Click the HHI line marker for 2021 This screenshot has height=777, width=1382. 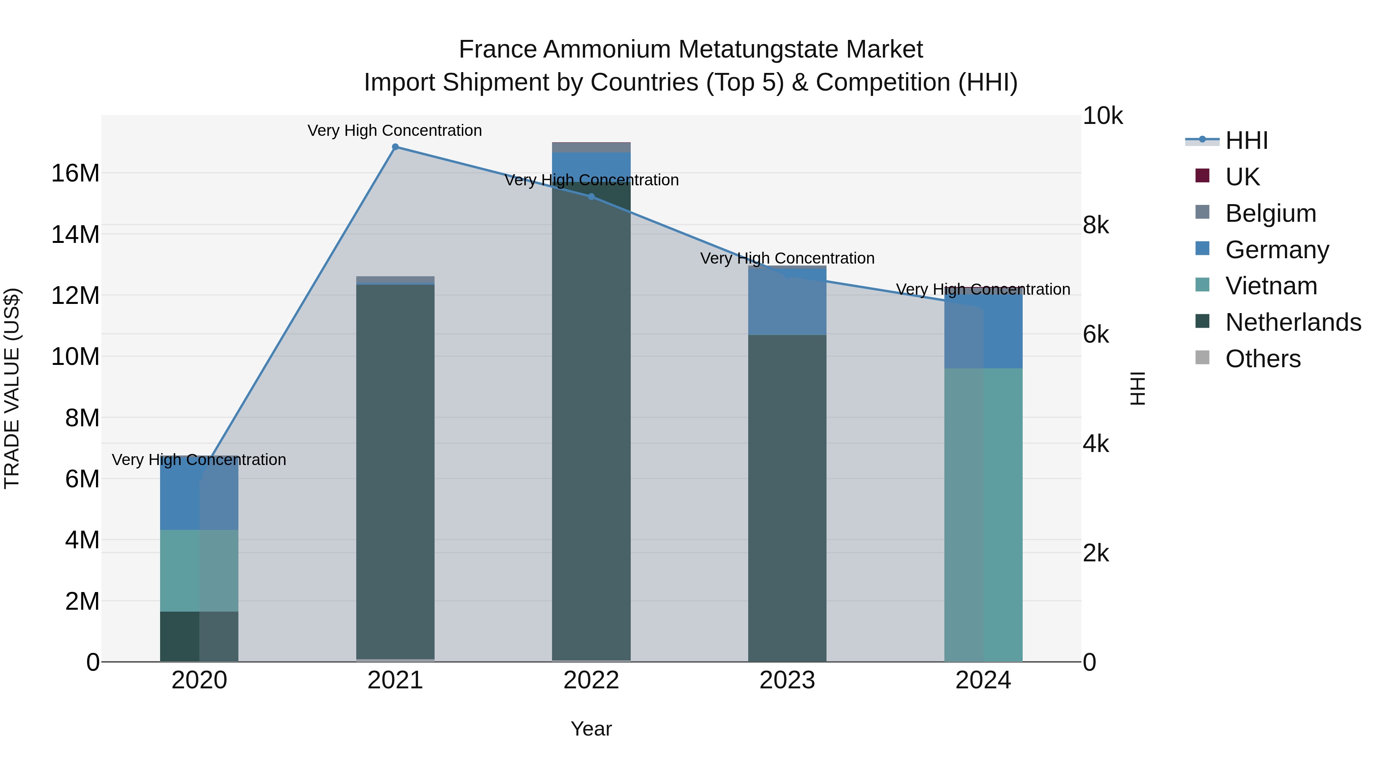395,147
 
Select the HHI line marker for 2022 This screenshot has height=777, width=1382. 591,197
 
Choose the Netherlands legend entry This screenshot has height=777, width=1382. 1293,322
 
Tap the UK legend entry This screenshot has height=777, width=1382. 1242,177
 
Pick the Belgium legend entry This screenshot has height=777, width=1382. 1270,213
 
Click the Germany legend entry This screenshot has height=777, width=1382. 1277,249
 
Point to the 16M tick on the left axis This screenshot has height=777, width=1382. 75,173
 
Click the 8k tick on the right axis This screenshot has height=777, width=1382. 1096,225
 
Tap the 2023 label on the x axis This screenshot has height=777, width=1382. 787,680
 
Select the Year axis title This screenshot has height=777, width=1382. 591,729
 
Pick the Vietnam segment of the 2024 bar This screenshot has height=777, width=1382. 984,515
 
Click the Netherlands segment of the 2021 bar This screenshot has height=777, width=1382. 395,472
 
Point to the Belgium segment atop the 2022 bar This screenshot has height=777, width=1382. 591,147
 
